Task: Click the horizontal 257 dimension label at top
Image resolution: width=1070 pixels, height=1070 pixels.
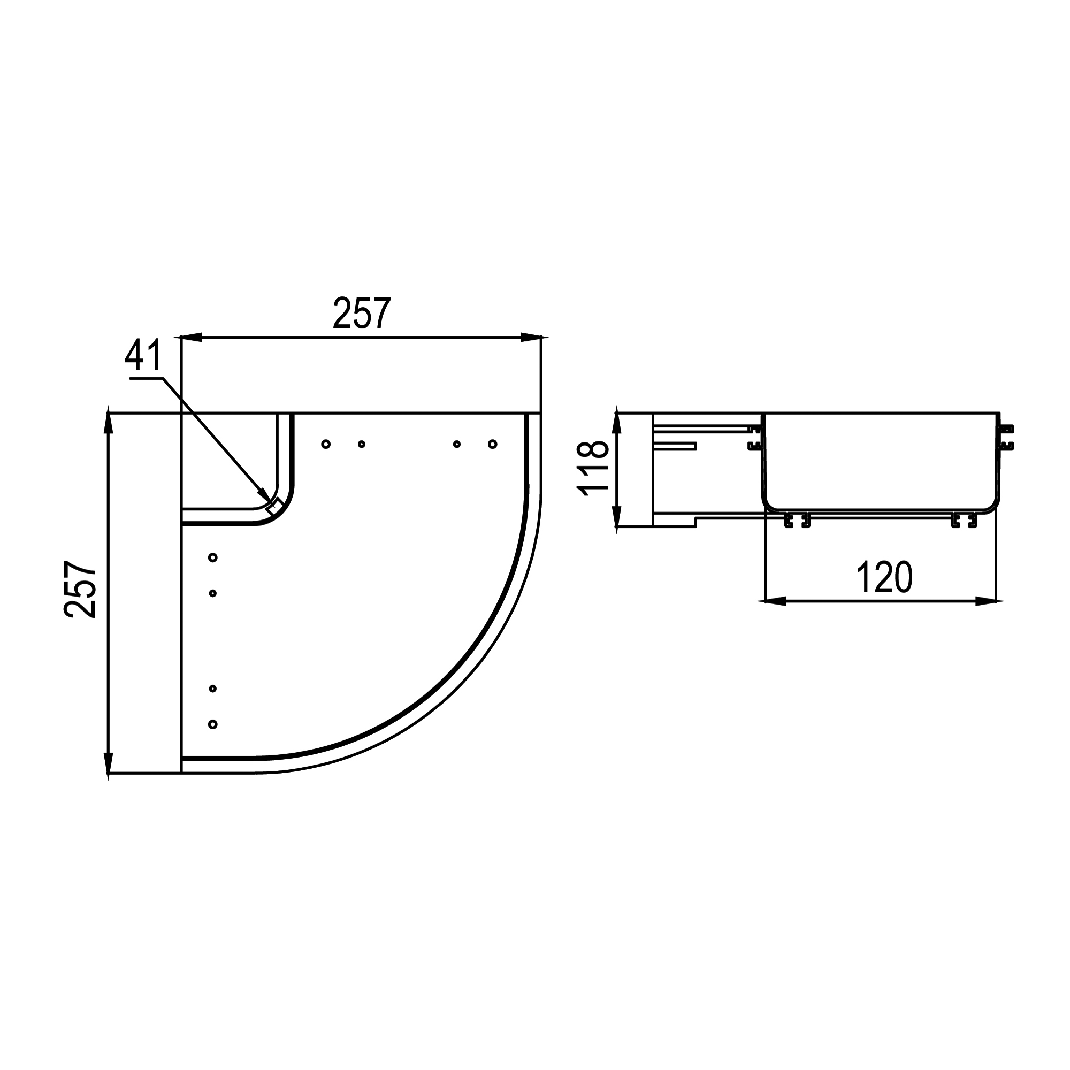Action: coord(362,314)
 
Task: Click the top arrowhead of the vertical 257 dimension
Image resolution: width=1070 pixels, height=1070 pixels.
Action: coord(109,424)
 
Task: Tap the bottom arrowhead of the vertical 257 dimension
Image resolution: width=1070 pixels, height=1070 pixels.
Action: coord(109,762)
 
